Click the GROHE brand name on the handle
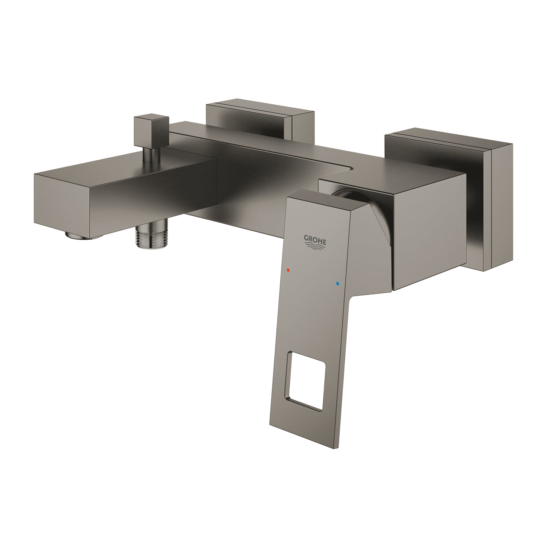point(315,238)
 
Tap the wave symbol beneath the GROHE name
point(315,246)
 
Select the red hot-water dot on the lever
point(288,271)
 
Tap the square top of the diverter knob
point(149,119)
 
